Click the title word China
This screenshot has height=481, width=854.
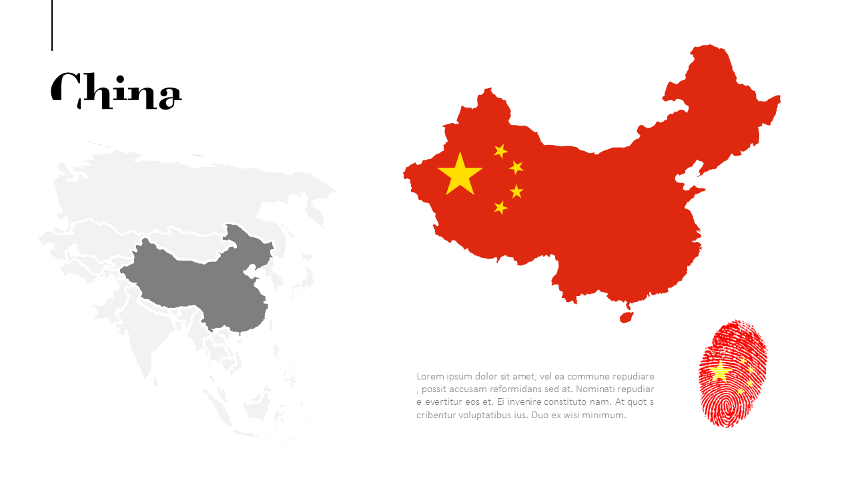pos(117,91)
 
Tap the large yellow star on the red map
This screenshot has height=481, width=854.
pos(460,175)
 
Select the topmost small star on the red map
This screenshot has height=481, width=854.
pos(500,151)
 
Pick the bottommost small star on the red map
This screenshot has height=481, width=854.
pos(500,208)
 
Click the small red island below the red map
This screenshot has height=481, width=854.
pos(626,317)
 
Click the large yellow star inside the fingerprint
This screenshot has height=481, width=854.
pos(720,371)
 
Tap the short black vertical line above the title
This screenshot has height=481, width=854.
pos(52,25)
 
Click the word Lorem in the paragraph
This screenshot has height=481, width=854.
pos(429,376)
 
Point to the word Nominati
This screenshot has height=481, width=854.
pos(596,389)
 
